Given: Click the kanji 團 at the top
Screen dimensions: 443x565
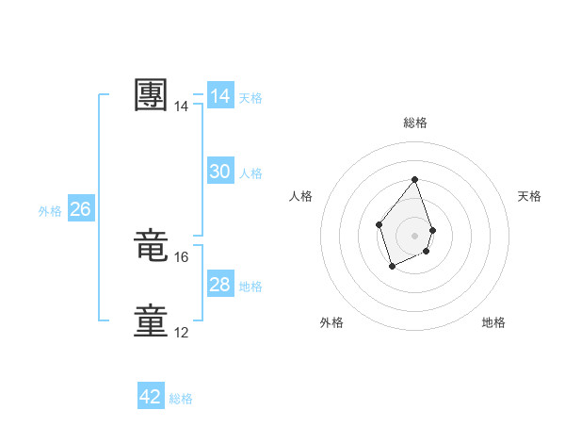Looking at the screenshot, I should [x=152, y=95].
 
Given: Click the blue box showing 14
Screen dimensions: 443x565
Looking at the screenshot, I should [x=220, y=96].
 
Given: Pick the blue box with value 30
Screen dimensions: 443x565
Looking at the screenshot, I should [x=220, y=172].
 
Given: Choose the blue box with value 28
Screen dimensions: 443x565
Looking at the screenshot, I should [x=220, y=285].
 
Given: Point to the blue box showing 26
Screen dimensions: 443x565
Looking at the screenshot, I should [x=80, y=209].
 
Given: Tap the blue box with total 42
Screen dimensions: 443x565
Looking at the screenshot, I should [x=151, y=397].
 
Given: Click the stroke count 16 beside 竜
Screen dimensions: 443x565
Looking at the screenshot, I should [x=182, y=257].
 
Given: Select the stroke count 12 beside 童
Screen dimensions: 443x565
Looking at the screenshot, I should [x=182, y=333].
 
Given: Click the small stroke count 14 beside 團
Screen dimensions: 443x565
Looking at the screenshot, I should [x=182, y=107].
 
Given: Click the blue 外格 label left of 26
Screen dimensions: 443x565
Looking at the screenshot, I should [x=50, y=211].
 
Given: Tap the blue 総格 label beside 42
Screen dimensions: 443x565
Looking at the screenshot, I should [x=181, y=399].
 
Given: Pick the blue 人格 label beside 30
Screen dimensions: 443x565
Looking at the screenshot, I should [x=250, y=173].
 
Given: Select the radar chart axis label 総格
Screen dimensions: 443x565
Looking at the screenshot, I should [x=414, y=123].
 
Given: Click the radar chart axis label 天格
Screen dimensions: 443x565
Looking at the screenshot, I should [x=529, y=196].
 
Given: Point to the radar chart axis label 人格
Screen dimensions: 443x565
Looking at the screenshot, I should [x=299, y=196].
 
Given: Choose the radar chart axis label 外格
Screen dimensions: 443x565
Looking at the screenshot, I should [x=331, y=322].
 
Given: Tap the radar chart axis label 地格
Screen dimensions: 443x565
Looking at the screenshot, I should [x=493, y=322].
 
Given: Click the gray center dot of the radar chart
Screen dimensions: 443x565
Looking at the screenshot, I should [x=414, y=235].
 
